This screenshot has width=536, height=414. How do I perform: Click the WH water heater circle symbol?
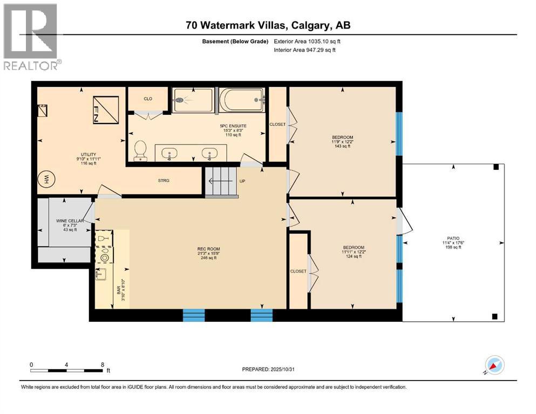tap(47, 178)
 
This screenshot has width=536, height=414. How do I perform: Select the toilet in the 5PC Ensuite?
tap(140, 150)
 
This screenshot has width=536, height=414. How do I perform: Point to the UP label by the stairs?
tap(242, 181)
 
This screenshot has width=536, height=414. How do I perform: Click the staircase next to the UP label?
tap(221, 182)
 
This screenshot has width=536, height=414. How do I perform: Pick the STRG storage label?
tap(164, 181)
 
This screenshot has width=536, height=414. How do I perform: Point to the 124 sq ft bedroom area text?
tap(352, 256)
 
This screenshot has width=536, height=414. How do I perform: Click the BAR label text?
tap(119, 290)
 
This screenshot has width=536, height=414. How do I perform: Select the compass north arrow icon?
tap(494, 365)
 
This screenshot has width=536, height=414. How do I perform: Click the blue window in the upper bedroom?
tap(399, 133)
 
